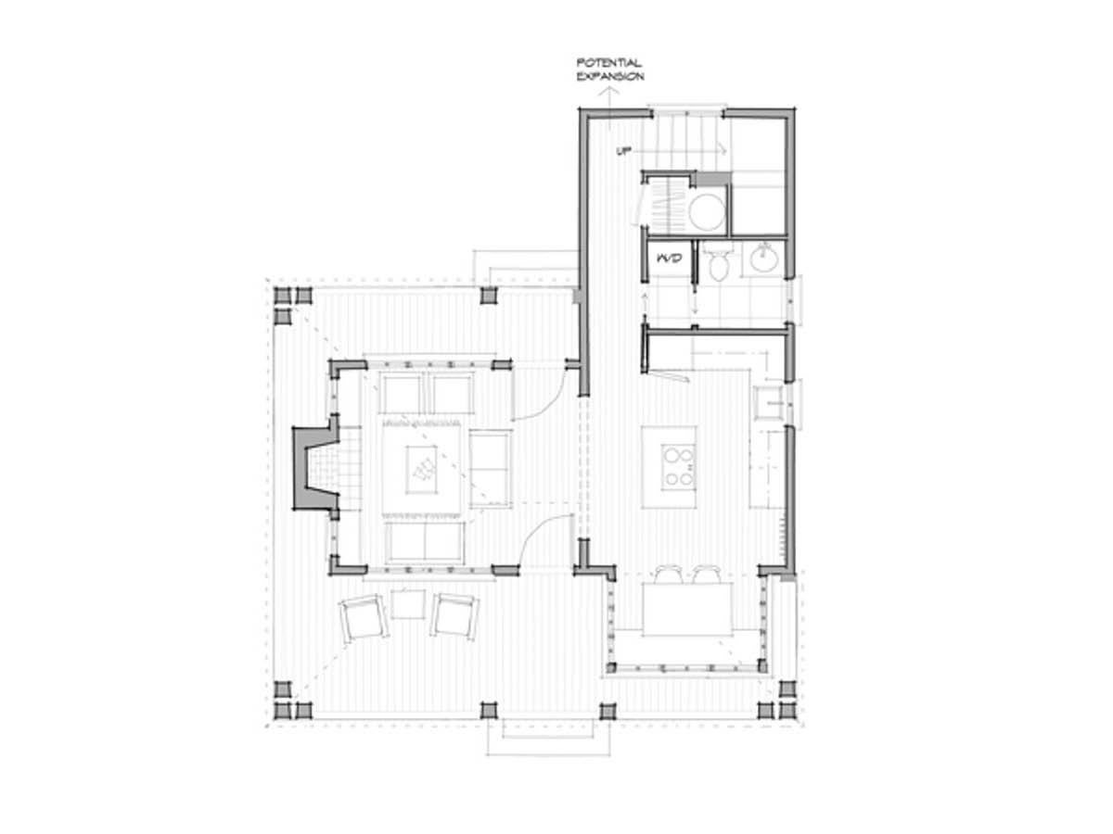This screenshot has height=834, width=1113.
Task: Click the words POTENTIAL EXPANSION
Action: (610, 69)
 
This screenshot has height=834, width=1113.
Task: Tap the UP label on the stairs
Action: (623, 151)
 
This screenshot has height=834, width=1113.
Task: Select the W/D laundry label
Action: (670, 259)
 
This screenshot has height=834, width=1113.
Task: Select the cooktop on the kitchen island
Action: (678, 466)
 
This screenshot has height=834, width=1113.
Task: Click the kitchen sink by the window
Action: (769, 403)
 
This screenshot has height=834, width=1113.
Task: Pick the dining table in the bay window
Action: (687, 609)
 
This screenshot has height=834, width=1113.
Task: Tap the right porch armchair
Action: (454, 617)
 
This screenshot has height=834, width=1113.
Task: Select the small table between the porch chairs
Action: (408, 604)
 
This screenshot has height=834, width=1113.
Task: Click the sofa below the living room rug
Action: (425, 542)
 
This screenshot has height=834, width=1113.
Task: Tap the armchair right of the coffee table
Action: (490, 469)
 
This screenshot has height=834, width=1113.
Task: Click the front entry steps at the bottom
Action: (548, 738)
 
